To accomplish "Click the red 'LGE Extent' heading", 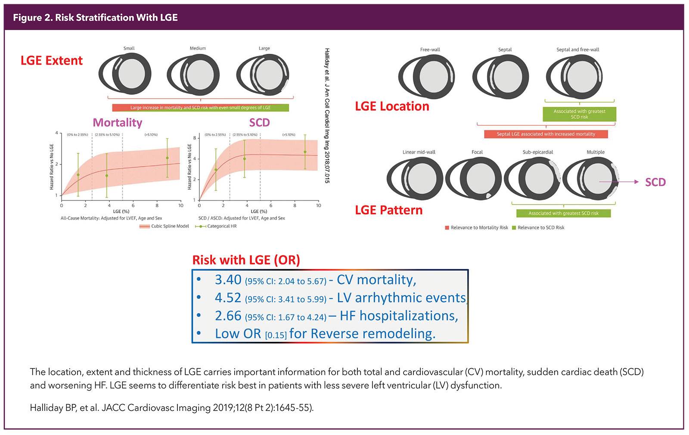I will point(52,61).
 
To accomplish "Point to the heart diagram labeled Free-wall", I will point(426,77).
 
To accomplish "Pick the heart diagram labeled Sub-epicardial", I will point(533,178).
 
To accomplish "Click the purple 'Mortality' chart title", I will point(118,123).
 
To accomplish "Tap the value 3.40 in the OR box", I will point(228,280).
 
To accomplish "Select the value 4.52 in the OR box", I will point(228,298).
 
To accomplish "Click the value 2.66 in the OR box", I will point(228,316).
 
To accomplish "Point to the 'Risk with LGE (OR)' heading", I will point(246,260).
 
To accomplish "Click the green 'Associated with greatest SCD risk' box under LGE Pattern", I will point(563,213).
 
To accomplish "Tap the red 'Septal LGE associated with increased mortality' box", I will point(546,134).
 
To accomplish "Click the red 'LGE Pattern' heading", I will point(389,210).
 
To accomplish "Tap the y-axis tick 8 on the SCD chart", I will point(195,138).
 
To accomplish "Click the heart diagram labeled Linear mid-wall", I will point(415,178).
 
